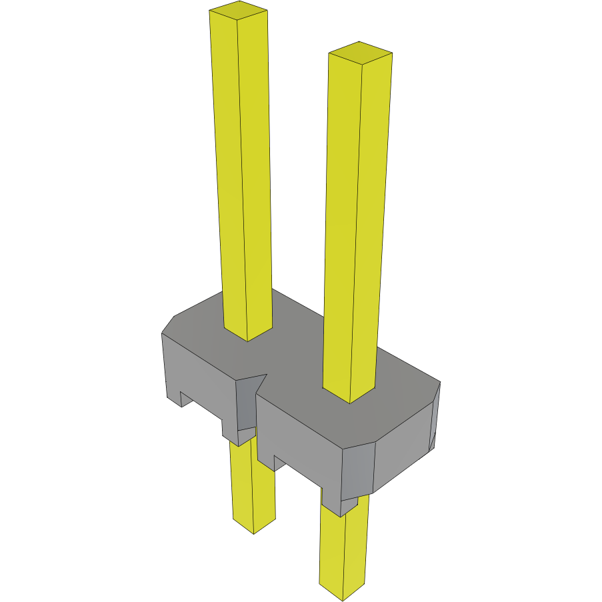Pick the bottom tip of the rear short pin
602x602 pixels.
tap(253, 530)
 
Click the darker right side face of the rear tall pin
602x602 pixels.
tap(257, 167)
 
